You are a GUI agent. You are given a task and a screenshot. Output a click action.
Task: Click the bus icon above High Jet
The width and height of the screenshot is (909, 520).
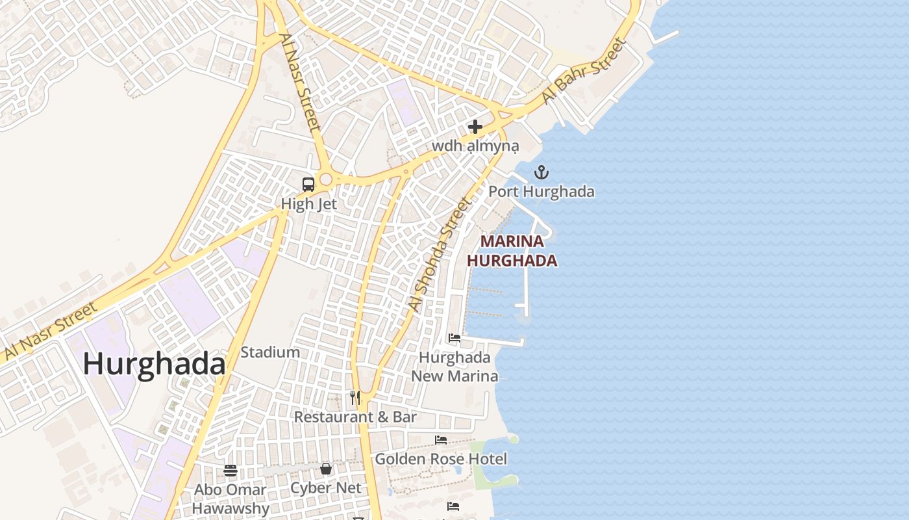coord(308,184)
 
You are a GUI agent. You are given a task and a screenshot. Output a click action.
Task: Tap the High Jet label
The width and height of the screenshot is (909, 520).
coord(308,204)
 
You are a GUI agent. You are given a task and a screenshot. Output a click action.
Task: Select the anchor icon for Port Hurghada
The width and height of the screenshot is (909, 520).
coord(541,172)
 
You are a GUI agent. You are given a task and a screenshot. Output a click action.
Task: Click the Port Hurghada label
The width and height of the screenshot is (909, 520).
coord(541,192)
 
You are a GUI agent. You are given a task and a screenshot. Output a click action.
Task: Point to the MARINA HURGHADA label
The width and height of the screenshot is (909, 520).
coord(512,251)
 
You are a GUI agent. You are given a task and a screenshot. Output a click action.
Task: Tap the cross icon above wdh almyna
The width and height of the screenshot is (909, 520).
coord(475,127)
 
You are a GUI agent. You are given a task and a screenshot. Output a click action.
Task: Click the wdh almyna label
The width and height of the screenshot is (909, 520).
coord(475,146)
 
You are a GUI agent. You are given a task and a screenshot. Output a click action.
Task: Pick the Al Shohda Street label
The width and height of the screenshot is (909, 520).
coord(439,254)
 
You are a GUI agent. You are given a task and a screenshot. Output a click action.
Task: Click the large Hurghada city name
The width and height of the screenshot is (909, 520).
coord(154,364)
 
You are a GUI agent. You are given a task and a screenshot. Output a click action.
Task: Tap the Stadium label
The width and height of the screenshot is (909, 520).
coord(270,352)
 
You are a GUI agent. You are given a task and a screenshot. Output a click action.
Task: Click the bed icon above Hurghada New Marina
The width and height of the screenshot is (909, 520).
coord(454,338)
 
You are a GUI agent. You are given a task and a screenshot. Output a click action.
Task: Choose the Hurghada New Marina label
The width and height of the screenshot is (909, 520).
coord(454,367)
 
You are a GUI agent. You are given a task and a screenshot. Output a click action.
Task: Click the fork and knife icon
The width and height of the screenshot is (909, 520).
coord(355,397)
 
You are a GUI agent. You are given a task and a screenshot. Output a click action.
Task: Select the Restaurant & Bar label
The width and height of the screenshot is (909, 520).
coord(355,417)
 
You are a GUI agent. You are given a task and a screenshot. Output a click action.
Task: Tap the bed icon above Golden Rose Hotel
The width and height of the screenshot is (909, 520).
coord(441,440)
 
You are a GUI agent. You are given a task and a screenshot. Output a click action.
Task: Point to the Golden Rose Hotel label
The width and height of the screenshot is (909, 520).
coord(441,459)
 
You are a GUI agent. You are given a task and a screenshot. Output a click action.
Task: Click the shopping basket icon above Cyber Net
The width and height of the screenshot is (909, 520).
coord(326,469)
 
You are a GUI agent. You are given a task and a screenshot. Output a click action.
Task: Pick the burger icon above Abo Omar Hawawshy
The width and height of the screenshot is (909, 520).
coord(230,471)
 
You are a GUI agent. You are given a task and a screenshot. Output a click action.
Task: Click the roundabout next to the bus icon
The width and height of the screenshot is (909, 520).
coord(326,179)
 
